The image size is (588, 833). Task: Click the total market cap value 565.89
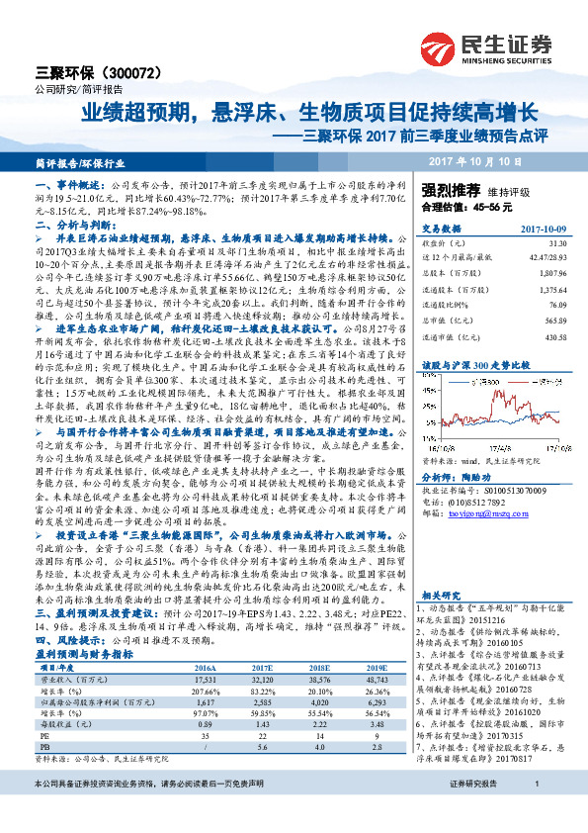(554, 320)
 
